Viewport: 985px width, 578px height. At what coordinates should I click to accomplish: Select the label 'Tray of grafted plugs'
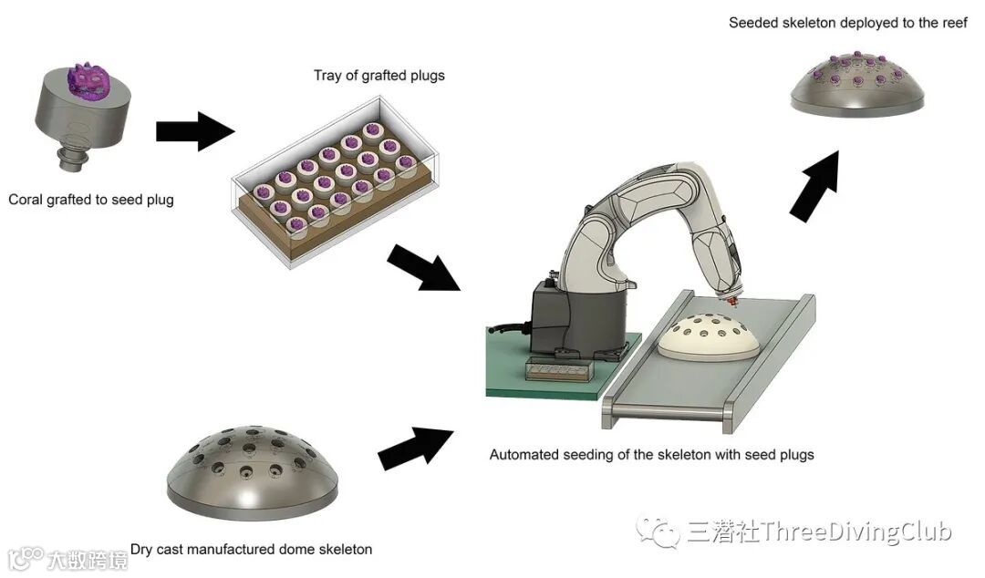pos(378,75)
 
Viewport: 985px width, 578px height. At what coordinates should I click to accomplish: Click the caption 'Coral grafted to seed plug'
pos(90,199)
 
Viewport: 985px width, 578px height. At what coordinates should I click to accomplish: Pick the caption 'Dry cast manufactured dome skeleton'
pos(251,549)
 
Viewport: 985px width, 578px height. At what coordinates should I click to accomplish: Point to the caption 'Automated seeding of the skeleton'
pos(651,454)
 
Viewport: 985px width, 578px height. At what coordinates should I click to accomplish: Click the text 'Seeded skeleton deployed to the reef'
pos(848,23)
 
